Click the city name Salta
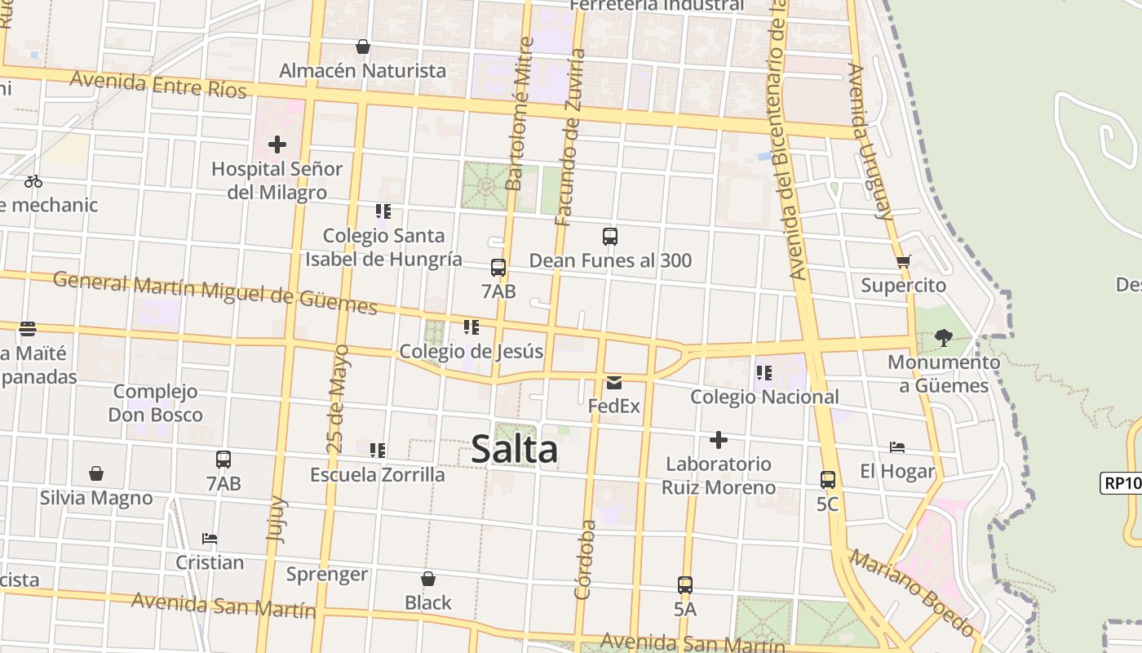(515, 449)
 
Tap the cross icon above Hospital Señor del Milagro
(277, 144)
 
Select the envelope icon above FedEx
(613, 382)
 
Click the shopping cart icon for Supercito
(903, 262)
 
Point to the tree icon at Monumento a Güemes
(944, 337)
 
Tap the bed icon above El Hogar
(897, 447)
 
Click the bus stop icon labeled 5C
(828, 480)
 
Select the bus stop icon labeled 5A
(685, 584)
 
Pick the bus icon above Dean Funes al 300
(610, 237)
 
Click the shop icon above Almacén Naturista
(363, 47)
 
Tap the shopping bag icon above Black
(428, 579)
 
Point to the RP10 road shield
(1122, 483)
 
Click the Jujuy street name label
(277, 518)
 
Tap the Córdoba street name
(583, 560)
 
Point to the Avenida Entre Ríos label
(158, 83)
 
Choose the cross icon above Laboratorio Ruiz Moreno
(719, 440)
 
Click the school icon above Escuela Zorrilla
(377, 450)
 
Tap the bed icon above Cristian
(210, 539)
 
